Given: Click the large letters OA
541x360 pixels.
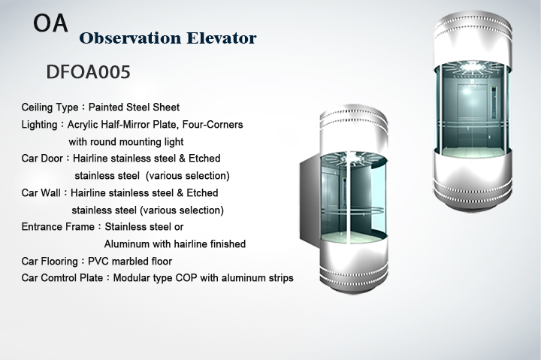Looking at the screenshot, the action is click(50, 23).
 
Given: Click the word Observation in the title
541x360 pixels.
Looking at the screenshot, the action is click(130, 38).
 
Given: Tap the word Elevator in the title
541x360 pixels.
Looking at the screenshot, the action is click(222, 38).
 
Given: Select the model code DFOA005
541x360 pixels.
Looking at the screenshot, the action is click(89, 72).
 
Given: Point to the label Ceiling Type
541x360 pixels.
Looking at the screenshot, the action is click(50, 107).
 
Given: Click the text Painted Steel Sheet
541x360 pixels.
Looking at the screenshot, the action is click(134, 107).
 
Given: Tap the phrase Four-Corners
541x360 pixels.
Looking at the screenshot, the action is click(213, 124).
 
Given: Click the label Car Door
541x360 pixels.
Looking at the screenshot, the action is click(42, 159).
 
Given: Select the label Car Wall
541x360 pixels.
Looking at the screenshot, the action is click(41, 192).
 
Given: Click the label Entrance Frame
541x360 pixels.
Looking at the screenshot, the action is click(58, 227).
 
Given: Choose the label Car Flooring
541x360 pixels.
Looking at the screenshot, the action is click(50, 262).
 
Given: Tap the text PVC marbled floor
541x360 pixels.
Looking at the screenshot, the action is click(130, 262).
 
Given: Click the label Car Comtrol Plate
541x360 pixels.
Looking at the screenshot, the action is click(62, 278).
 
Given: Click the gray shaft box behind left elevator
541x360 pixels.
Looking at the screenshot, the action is click(310, 199).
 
